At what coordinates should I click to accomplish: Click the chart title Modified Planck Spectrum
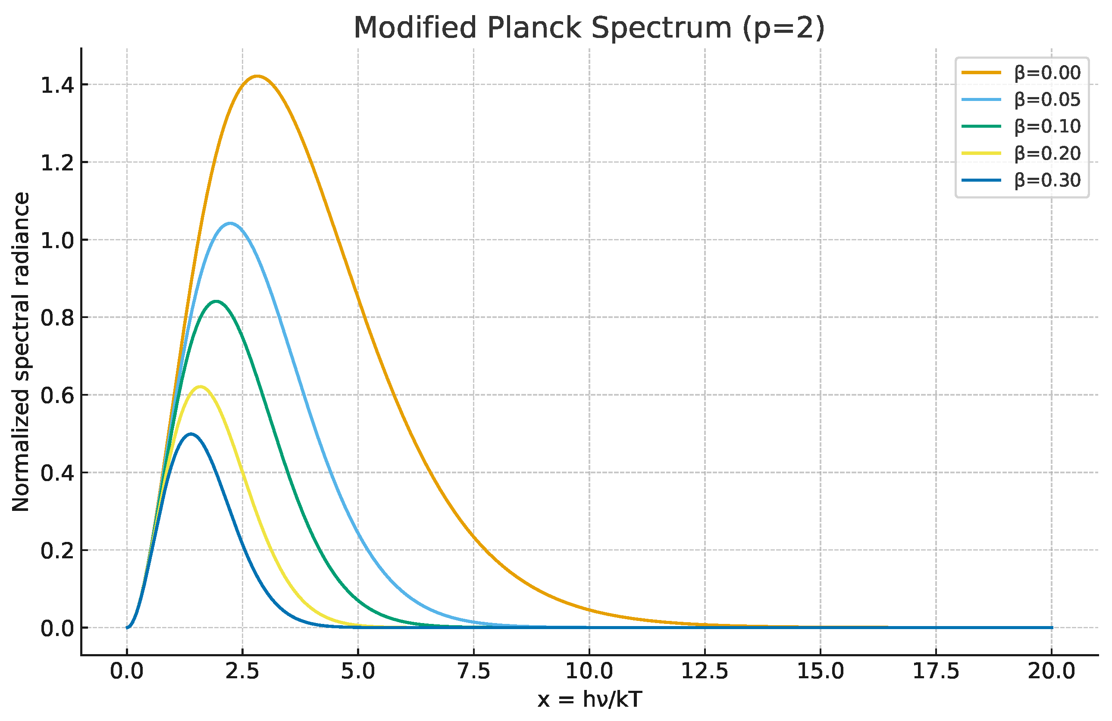(x=589, y=28)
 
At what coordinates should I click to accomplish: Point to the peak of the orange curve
(x=257, y=76)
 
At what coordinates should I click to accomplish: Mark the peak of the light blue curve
(x=230, y=223)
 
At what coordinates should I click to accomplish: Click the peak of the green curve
(x=216, y=301)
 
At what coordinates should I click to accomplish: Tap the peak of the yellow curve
(x=200, y=386)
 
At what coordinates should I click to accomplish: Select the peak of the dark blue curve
(x=190, y=434)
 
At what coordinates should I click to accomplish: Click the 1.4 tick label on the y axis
(x=57, y=85)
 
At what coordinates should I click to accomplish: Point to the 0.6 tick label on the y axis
(x=57, y=396)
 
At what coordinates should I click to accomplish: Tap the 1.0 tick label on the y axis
(x=57, y=240)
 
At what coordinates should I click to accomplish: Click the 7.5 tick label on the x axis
(x=473, y=671)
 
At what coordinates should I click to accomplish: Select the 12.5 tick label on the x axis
(x=705, y=671)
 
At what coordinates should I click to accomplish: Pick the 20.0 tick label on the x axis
(x=1051, y=671)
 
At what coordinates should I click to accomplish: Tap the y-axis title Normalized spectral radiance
(x=21, y=352)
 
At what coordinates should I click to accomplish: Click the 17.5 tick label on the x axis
(x=936, y=671)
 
